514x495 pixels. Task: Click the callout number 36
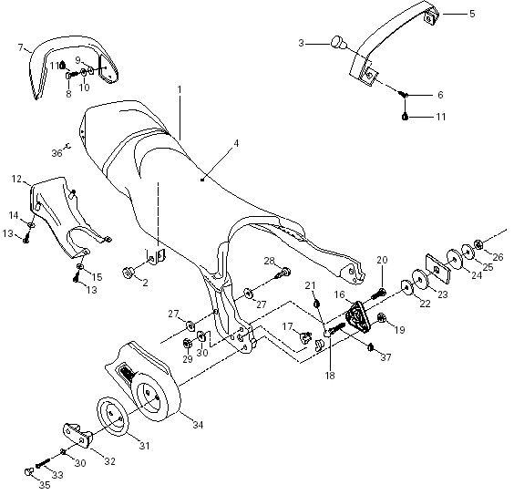pyautogui.click(x=57, y=153)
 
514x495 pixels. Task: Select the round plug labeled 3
pyautogui.click(x=337, y=43)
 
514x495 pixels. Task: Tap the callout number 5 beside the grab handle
pyautogui.click(x=472, y=14)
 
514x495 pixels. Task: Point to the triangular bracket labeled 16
pyautogui.click(x=357, y=317)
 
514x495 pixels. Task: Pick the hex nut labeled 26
pyautogui.click(x=478, y=244)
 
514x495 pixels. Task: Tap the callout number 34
pyautogui.click(x=198, y=425)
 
